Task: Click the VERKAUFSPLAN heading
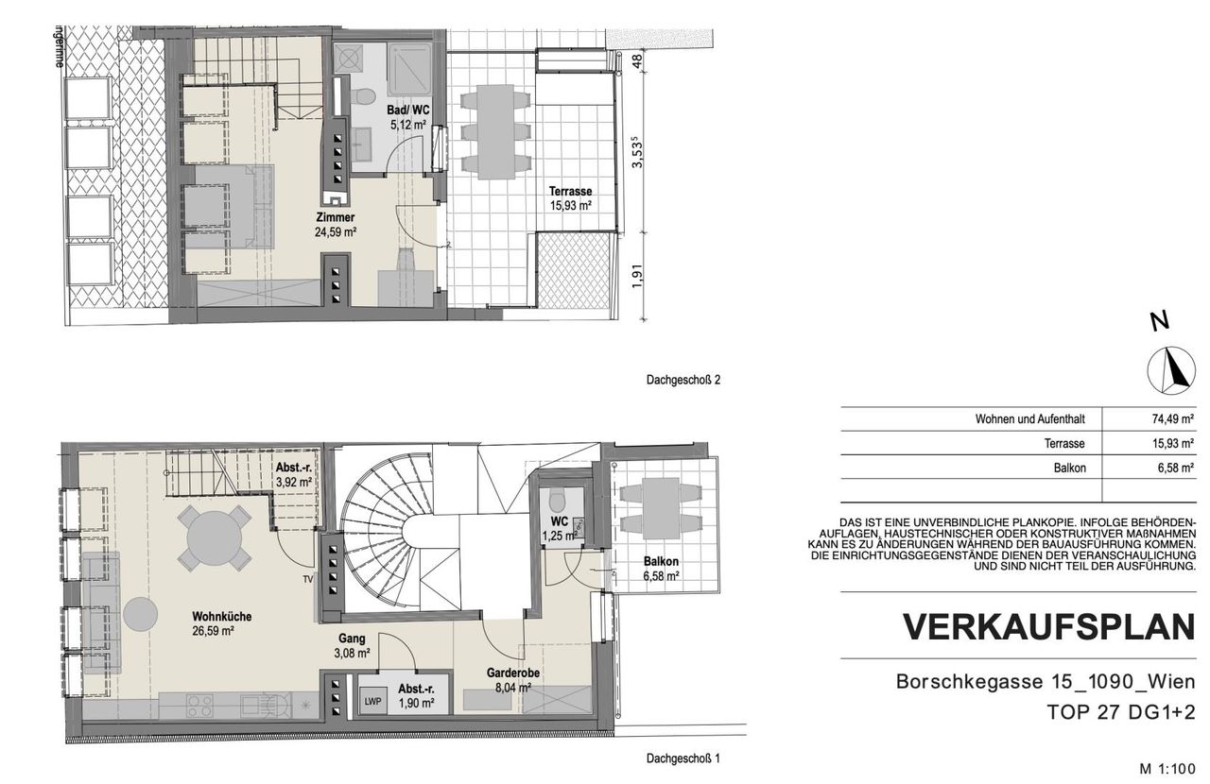click(1048, 626)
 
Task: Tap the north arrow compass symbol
click(1171, 370)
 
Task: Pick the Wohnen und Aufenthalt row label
click(1029, 419)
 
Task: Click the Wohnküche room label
click(221, 617)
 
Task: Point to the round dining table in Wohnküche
click(215, 538)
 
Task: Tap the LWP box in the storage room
click(372, 702)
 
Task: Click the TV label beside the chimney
click(308, 579)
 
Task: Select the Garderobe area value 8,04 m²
click(512, 688)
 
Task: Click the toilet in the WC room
click(557, 500)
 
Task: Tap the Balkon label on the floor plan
click(661, 561)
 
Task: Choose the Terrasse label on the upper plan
click(570, 191)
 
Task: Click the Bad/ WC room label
click(407, 111)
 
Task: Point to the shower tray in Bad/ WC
click(410, 70)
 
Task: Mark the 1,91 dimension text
click(638, 276)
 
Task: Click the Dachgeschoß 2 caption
click(683, 380)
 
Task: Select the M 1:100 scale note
click(1167, 769)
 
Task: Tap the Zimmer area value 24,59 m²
click(335, 232)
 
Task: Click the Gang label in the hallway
click(352, 639)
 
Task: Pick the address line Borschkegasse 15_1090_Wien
click(1046, 681)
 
